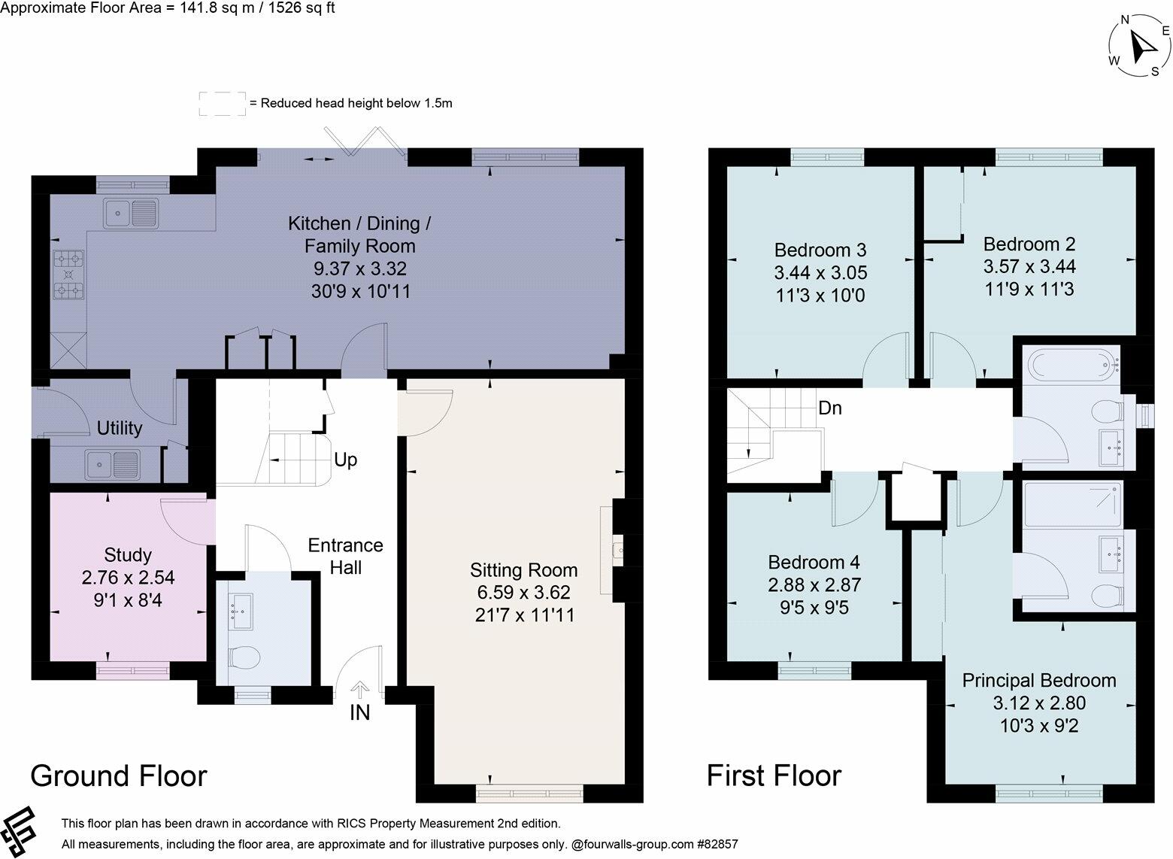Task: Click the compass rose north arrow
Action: [x=1143, y=47]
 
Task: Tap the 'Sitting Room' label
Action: [x=523, y=570]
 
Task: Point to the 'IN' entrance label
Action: [x=359, y=712]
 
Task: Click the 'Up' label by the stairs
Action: [x=345, y=460]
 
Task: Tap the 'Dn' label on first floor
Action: [x=830, y=408]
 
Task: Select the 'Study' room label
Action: [x=128, y=555]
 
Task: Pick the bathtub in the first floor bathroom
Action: [x=1074, y=366]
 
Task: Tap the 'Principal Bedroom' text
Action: [x=1039, y=681]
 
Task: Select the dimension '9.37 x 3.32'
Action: [x=360, y=269]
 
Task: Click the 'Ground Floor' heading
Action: [x=118, y=776]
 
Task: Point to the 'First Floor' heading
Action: [x=774, y=776]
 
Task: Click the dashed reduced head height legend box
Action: [x=222, y=103]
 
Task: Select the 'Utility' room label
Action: [x=120, y=428]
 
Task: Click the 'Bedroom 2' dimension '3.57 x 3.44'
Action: [x=1029, y=266]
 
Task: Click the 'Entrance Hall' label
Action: [x=345, y=556]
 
